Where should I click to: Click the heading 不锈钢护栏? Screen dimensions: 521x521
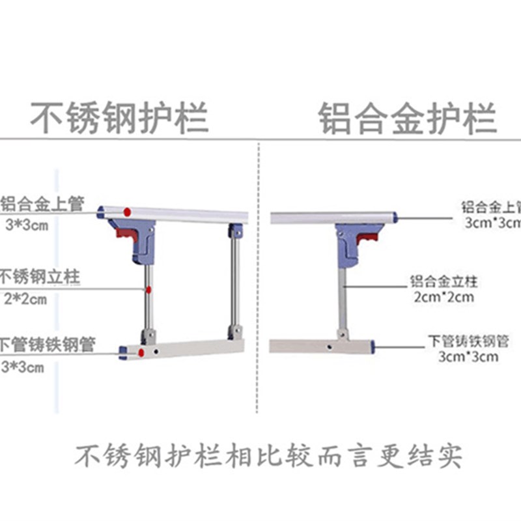[x=120, y=118]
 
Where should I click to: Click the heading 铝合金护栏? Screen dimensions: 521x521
[x=408, y=118]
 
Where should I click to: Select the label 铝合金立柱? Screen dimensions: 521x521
[x=444, y=281]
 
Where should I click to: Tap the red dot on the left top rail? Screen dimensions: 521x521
[x=129, y=212]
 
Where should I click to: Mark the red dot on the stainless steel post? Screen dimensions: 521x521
[x=149, y=290]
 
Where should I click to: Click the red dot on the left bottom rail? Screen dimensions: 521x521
[x=141, y=352]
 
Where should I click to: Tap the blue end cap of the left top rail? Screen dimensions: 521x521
[x=100, y=212]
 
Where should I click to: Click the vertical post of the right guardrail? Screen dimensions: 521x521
[x=342, y=300]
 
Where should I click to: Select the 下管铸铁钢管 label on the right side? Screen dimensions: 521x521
[x=468, y=340]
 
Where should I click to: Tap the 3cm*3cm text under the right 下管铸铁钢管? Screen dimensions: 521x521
[x=468, y=356]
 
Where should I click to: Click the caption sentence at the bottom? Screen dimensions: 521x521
[x=267, y=456]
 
